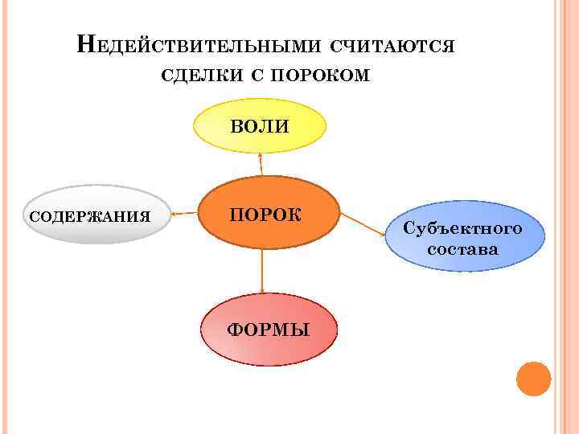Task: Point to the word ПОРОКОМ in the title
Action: click(321, 76)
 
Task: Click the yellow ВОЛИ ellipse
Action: click(261, 126)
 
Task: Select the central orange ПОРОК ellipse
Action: click(269, 213)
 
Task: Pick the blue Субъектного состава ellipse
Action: click(462, 238)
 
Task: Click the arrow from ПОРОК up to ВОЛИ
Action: click(261, 164)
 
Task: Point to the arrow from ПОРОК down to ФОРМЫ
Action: click(262, 271)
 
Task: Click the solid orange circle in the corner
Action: click(532, 379)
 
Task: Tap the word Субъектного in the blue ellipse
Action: click(462, 228)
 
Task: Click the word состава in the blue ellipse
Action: click(462, 249)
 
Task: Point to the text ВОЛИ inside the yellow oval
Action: click(261, 126)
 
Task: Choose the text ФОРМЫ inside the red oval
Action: click(269, 330)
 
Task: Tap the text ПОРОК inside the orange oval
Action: click(265, 214)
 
